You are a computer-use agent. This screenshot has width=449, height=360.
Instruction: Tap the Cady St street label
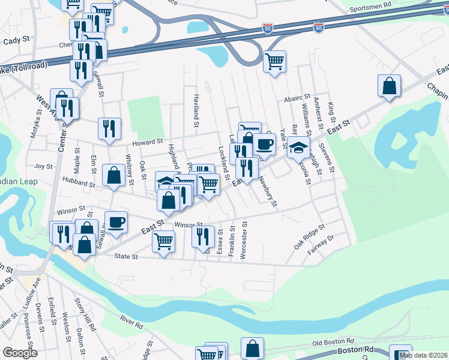16,40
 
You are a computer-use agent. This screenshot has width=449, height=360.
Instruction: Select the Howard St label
148,142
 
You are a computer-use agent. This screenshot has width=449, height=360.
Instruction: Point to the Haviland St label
196,110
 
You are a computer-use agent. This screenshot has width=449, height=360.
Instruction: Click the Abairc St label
297,97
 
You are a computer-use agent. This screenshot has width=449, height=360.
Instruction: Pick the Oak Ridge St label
309,238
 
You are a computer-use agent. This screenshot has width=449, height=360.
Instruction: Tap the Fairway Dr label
322,242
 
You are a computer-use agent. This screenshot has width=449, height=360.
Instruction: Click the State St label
126,256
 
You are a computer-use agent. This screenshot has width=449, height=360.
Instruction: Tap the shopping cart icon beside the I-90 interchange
274,61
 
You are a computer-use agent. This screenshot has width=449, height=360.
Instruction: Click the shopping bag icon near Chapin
389,85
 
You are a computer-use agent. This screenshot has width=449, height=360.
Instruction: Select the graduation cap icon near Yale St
298,146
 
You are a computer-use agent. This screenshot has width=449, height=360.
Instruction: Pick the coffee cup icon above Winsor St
116,221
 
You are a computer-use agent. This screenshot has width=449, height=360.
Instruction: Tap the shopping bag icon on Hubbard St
113,175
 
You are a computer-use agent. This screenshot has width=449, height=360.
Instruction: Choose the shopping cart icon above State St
164,241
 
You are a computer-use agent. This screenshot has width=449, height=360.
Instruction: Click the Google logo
20,353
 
